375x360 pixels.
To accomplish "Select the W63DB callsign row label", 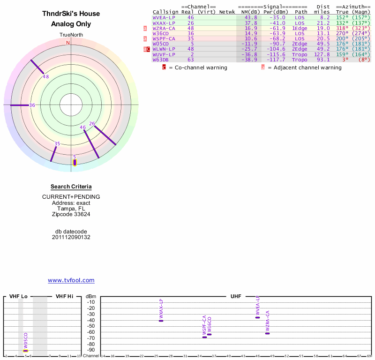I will [160, 60].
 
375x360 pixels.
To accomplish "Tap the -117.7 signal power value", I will [274, 60].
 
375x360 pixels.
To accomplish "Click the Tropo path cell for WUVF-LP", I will [300, 54].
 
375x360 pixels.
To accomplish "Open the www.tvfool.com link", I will [71, 280].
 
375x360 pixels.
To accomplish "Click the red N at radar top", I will [68, 43].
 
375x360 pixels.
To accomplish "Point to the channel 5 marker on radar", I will [75, 162].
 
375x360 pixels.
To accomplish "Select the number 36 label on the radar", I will [32, 105].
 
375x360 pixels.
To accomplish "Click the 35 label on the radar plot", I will [57, 144].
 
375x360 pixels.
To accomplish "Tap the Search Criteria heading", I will [71, 187].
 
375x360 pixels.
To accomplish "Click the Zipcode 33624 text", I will [71, 214].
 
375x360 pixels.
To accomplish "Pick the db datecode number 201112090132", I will [71, 237].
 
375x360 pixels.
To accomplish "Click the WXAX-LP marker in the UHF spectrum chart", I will [161, 321].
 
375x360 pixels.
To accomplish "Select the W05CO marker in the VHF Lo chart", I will [26, 351].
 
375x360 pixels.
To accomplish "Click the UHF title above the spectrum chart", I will [236, 297].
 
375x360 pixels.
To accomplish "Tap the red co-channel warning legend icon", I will [164, 67].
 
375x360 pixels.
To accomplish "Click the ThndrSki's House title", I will [71, 14].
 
